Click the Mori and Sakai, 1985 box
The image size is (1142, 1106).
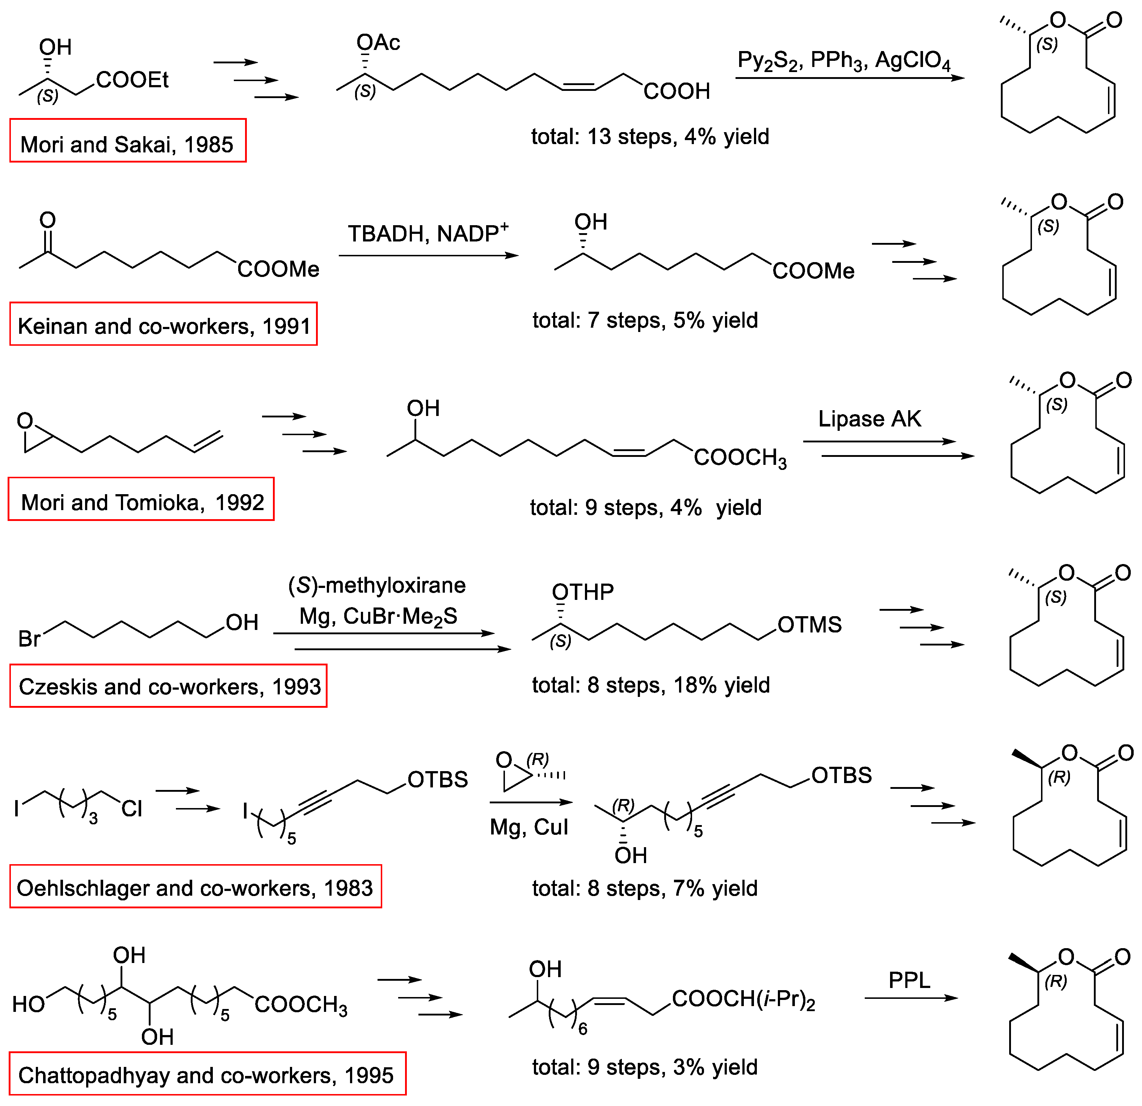(x=128, y=141)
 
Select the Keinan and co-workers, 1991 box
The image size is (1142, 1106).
(x=163, y=324)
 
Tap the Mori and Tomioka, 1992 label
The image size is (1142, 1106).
(x=141, y=499)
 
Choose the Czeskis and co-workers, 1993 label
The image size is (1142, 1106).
(x=168, y=686)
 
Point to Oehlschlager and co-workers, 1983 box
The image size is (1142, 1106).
(x=195, y=887)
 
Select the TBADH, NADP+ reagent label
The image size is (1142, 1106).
(x=428, y=233)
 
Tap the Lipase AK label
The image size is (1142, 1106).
(x=869, y=419)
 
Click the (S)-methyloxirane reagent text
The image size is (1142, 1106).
(x=377, y=585)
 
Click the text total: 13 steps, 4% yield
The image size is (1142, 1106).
(x=650, y=136)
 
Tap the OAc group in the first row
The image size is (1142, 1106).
(x=378, y=43)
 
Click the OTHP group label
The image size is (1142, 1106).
(x=583, y=592)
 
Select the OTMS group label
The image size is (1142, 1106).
(x=809, y=625)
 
